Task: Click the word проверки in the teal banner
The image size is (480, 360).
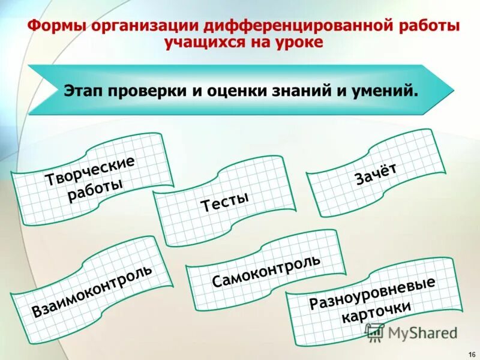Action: point(146,91)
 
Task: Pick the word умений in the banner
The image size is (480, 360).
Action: point(386,91)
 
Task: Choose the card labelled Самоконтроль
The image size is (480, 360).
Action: point(266,270)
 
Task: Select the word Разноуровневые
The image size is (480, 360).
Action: point(372,293)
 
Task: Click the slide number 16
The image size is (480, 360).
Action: point(470,352)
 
